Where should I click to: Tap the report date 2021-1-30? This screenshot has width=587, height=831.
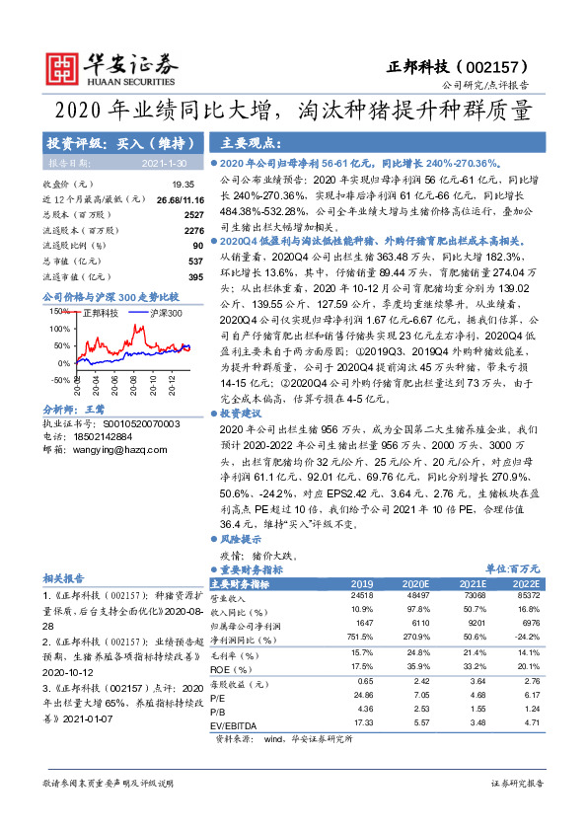coord(162,163)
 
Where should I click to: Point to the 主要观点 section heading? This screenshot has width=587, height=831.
coord(247,141)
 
